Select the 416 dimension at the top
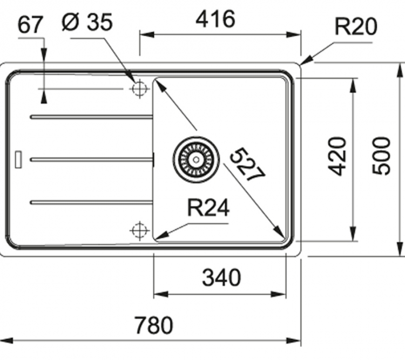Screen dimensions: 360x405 coord(215,19)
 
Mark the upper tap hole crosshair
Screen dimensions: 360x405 coord(139,88)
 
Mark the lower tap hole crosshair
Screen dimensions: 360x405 coord(139,230)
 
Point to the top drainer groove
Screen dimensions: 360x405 coord(92,116)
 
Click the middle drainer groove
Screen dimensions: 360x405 coord(92,159)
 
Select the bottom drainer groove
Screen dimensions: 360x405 coord(92,202)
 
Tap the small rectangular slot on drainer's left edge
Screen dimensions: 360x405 coord(19,158)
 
